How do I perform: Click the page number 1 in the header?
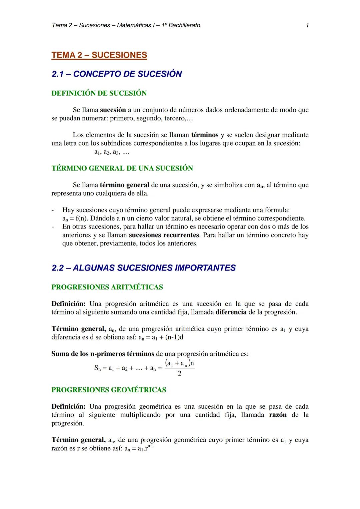click(307, 25)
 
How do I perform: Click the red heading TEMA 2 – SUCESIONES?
click(99, 55)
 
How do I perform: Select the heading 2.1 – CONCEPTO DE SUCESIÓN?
click(117, 74)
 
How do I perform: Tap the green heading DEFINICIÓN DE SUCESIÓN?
click(99, 93)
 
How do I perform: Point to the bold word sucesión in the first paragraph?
click(113, 110)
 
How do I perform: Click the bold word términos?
click(205, 135)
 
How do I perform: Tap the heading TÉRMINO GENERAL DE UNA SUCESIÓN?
click(122, 168)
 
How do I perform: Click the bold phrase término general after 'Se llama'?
click(124, 185)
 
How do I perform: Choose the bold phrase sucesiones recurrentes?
click(164, 235)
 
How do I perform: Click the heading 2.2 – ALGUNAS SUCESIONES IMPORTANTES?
click(144, 268)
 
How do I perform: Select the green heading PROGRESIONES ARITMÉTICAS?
click(107, 287)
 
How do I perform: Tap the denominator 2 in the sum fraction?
click(180, 374)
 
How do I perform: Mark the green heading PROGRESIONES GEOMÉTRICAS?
click(109, 390)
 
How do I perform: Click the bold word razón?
click(277, 415)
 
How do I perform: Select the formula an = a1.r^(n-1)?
click(138, 448)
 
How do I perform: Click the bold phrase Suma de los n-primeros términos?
click(103, 354)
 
